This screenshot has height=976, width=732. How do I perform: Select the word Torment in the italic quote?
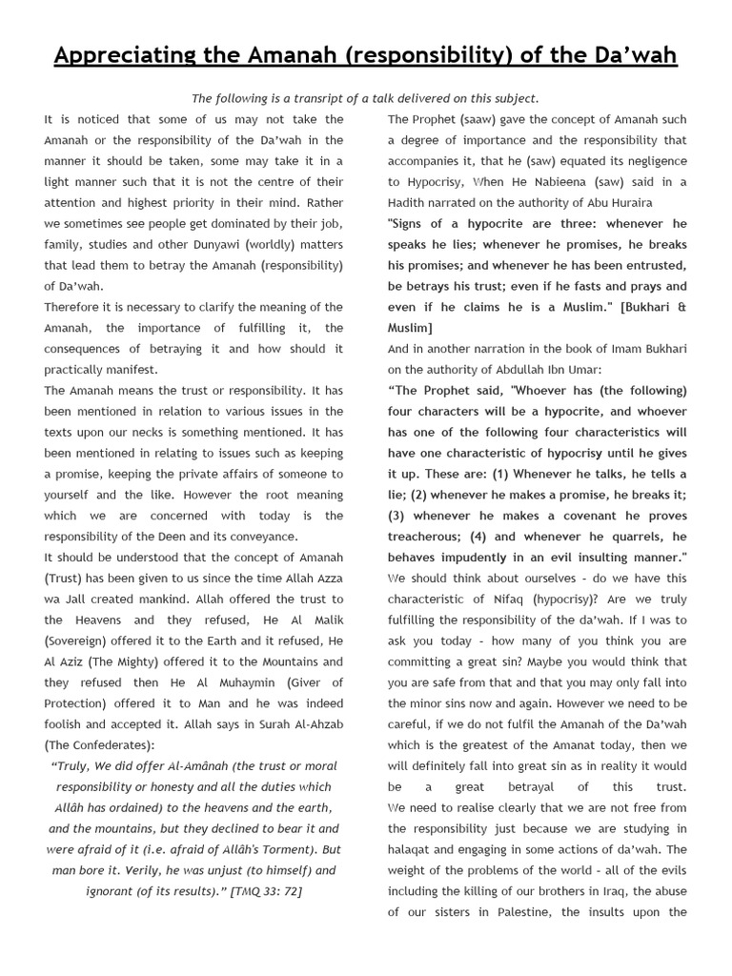coord(279,849)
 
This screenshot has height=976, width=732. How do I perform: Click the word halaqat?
coord(415,849)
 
